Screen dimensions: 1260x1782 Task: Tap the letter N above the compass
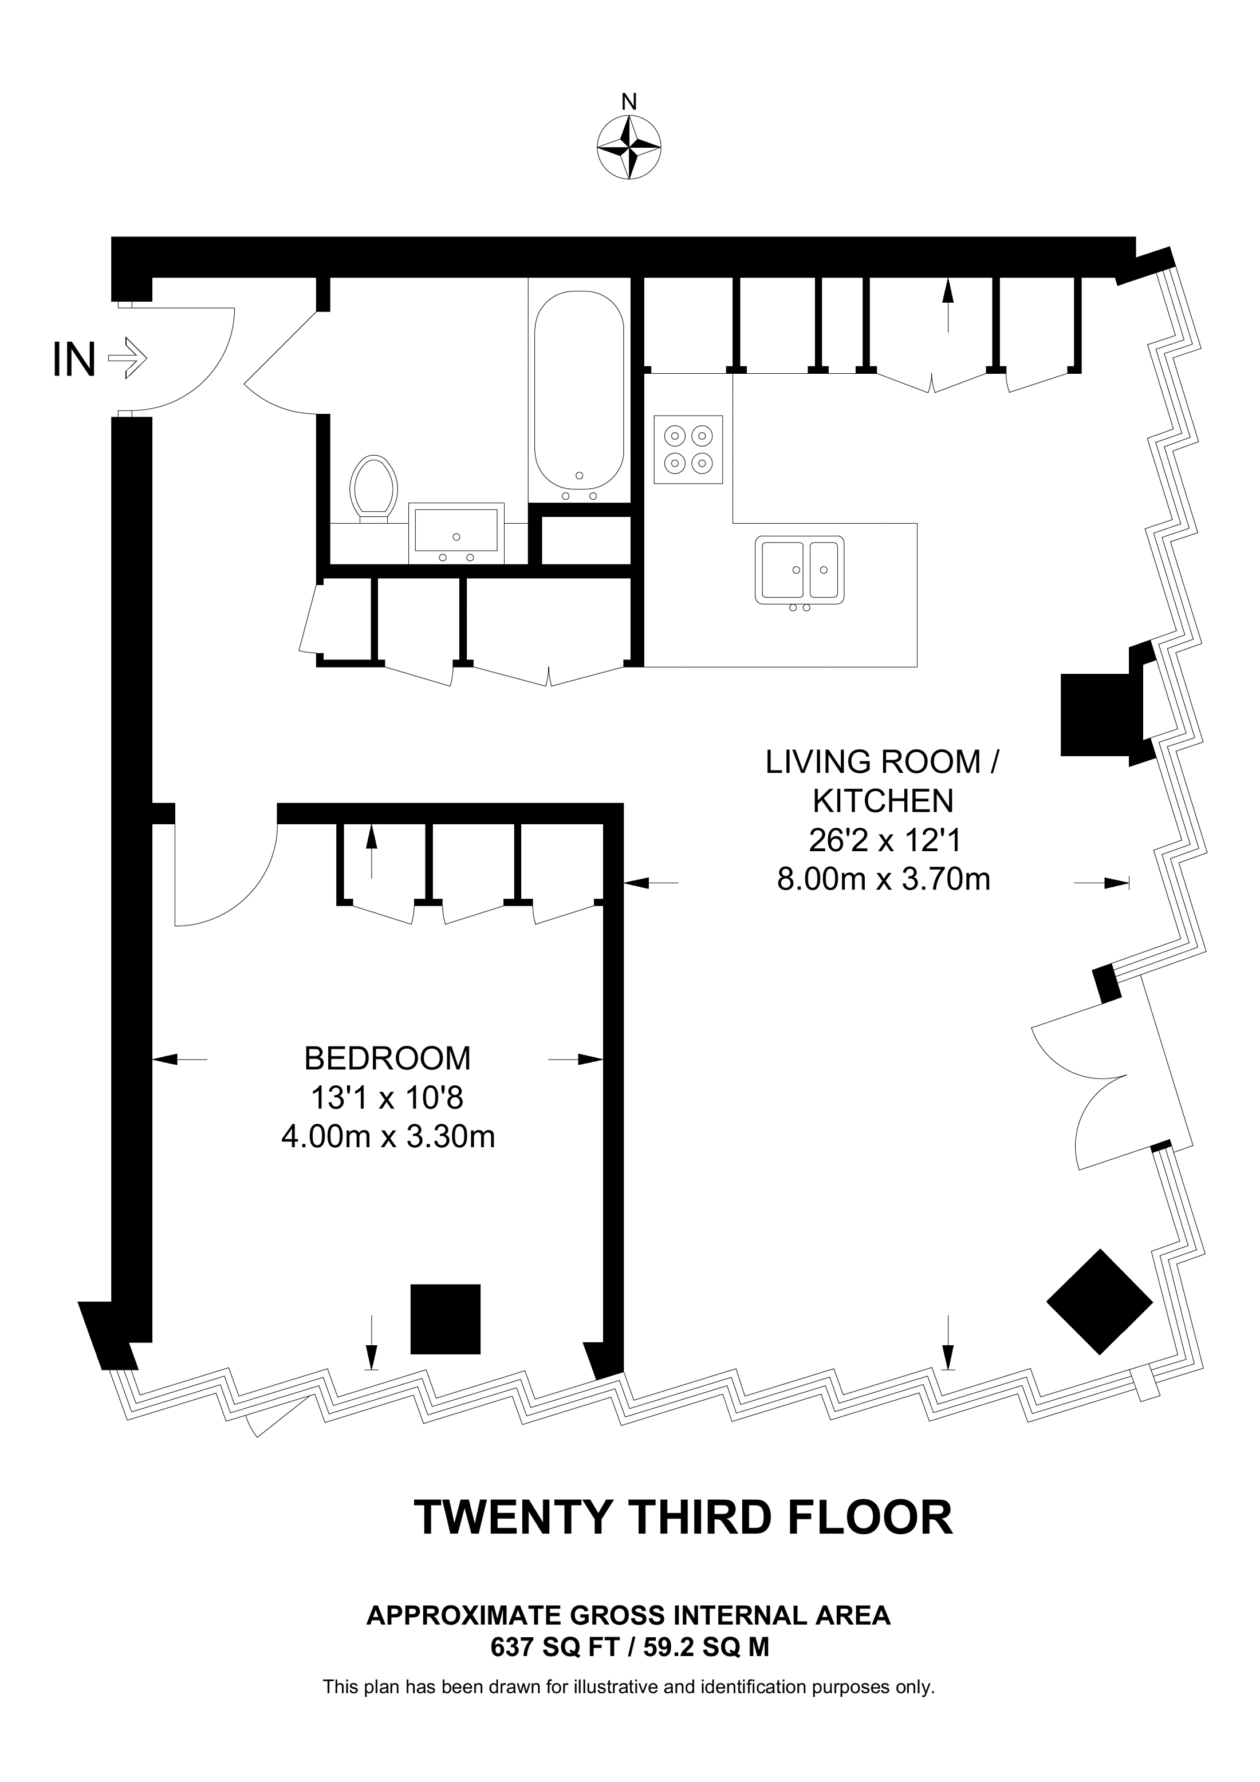(x=629, y=102)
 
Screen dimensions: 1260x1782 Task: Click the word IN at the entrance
(x=74, y=359)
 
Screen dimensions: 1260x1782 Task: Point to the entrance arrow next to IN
(x=127, y=359)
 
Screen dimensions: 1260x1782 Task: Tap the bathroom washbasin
(x=456, y=532)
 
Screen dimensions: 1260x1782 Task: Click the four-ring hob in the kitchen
(x=688, y=449)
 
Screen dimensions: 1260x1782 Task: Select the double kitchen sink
(x=800, y=571)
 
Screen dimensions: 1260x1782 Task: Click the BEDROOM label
(x=387, y=1058)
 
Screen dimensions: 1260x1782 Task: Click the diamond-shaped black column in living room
(x=1099, y=1313)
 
